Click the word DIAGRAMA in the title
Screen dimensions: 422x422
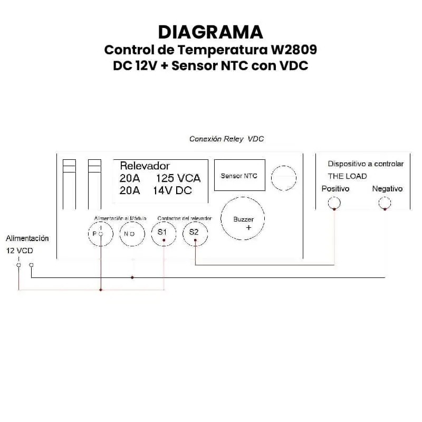pyautogui.click(x=210, y=32)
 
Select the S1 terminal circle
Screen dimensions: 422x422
pyautogui.click(x=164, y=233)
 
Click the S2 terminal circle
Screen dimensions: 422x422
pyautogui.click(x=195, y=233)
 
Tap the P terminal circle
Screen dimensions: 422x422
pyautogui.click(x=100, y=233)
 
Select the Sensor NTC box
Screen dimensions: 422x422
pyautogui.click(x=239, y=176)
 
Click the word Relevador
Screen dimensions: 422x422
pyautogui.click(x=145, y=166)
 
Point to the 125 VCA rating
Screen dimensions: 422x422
pyautogui.click(x=178, y=178)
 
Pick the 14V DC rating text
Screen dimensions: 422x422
pyautogui.click(x=172, y=191)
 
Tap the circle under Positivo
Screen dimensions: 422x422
pyautogui.click(x=334, y=203)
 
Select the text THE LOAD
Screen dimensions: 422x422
pyautogui.click(x=347, y=176)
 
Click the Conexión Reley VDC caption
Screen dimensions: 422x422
pyautogui.click(x=226, y=139)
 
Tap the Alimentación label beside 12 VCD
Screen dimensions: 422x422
pyautogui.click(x=27, y=238)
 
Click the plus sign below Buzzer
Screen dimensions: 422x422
pyautogui.click(x=248, y=228)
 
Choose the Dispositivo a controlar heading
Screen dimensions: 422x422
pyautogui.click(x=366, y=164)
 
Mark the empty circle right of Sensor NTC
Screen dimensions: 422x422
pyautogui.click(x=284, y=178)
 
